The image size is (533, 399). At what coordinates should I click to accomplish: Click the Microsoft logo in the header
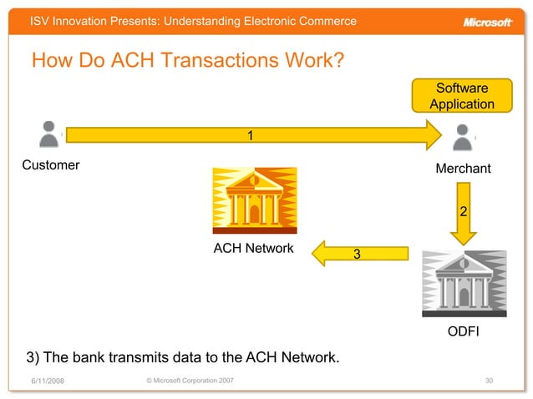click(x=487, y=22)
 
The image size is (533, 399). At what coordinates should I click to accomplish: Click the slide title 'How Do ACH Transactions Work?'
click(x=188, y=62)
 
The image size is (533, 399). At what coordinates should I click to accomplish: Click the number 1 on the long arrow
click(x=249, y=134)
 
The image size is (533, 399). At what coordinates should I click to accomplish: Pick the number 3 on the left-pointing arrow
click(x=357, y=253)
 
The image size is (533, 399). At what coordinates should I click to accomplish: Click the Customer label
click(x=51, y=164)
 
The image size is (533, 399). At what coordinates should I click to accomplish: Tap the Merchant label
click(x=463, y=169)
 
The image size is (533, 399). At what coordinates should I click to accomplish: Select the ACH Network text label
click(x=254, y=248)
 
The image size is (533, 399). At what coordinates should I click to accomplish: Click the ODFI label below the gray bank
click(x=464, y=333)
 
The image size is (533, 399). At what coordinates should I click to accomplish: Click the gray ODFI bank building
click(x=464, y=283)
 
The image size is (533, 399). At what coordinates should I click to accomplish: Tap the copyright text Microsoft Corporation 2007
click(x=189, y=381)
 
